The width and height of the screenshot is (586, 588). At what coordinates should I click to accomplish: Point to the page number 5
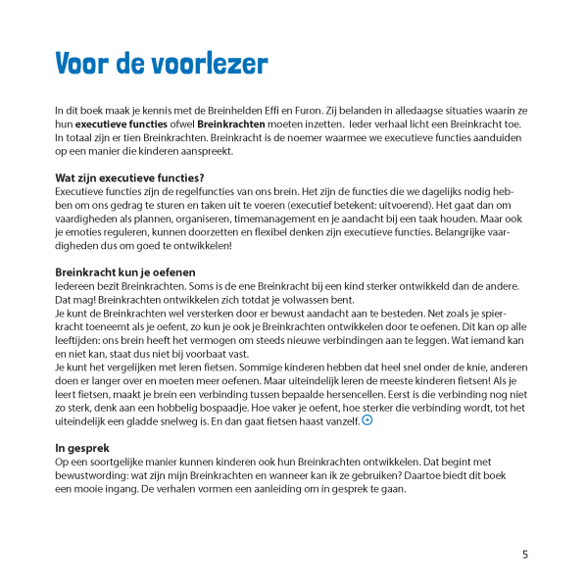525,554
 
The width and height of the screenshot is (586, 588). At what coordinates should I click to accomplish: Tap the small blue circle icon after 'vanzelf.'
367,419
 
